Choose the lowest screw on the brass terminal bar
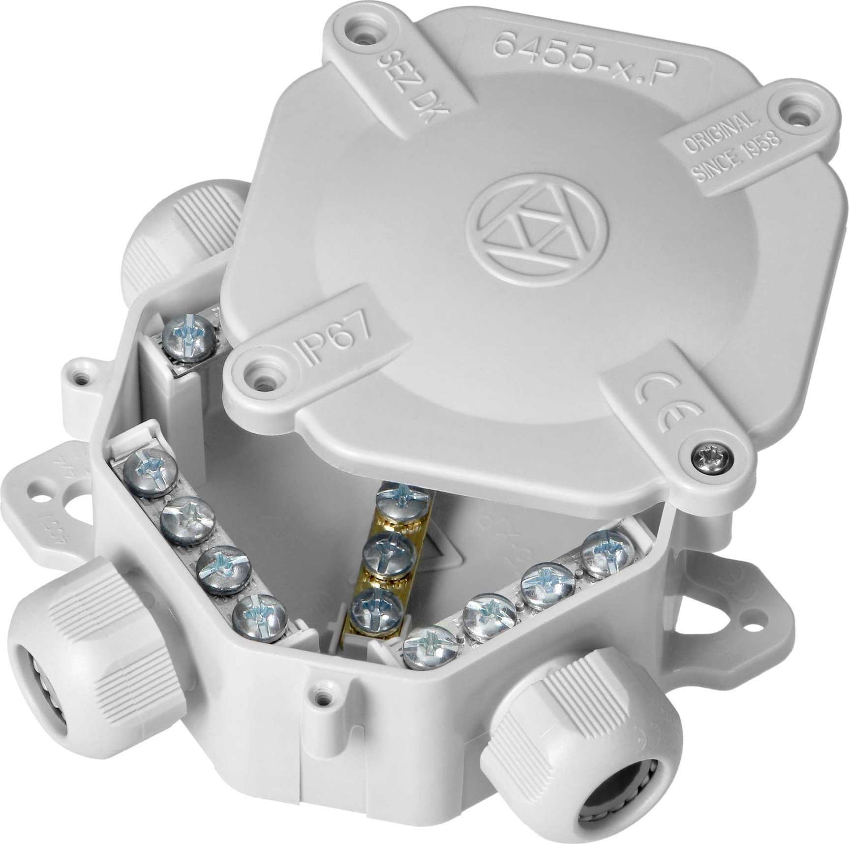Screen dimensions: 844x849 pyautogui.click(x=377, y=609)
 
